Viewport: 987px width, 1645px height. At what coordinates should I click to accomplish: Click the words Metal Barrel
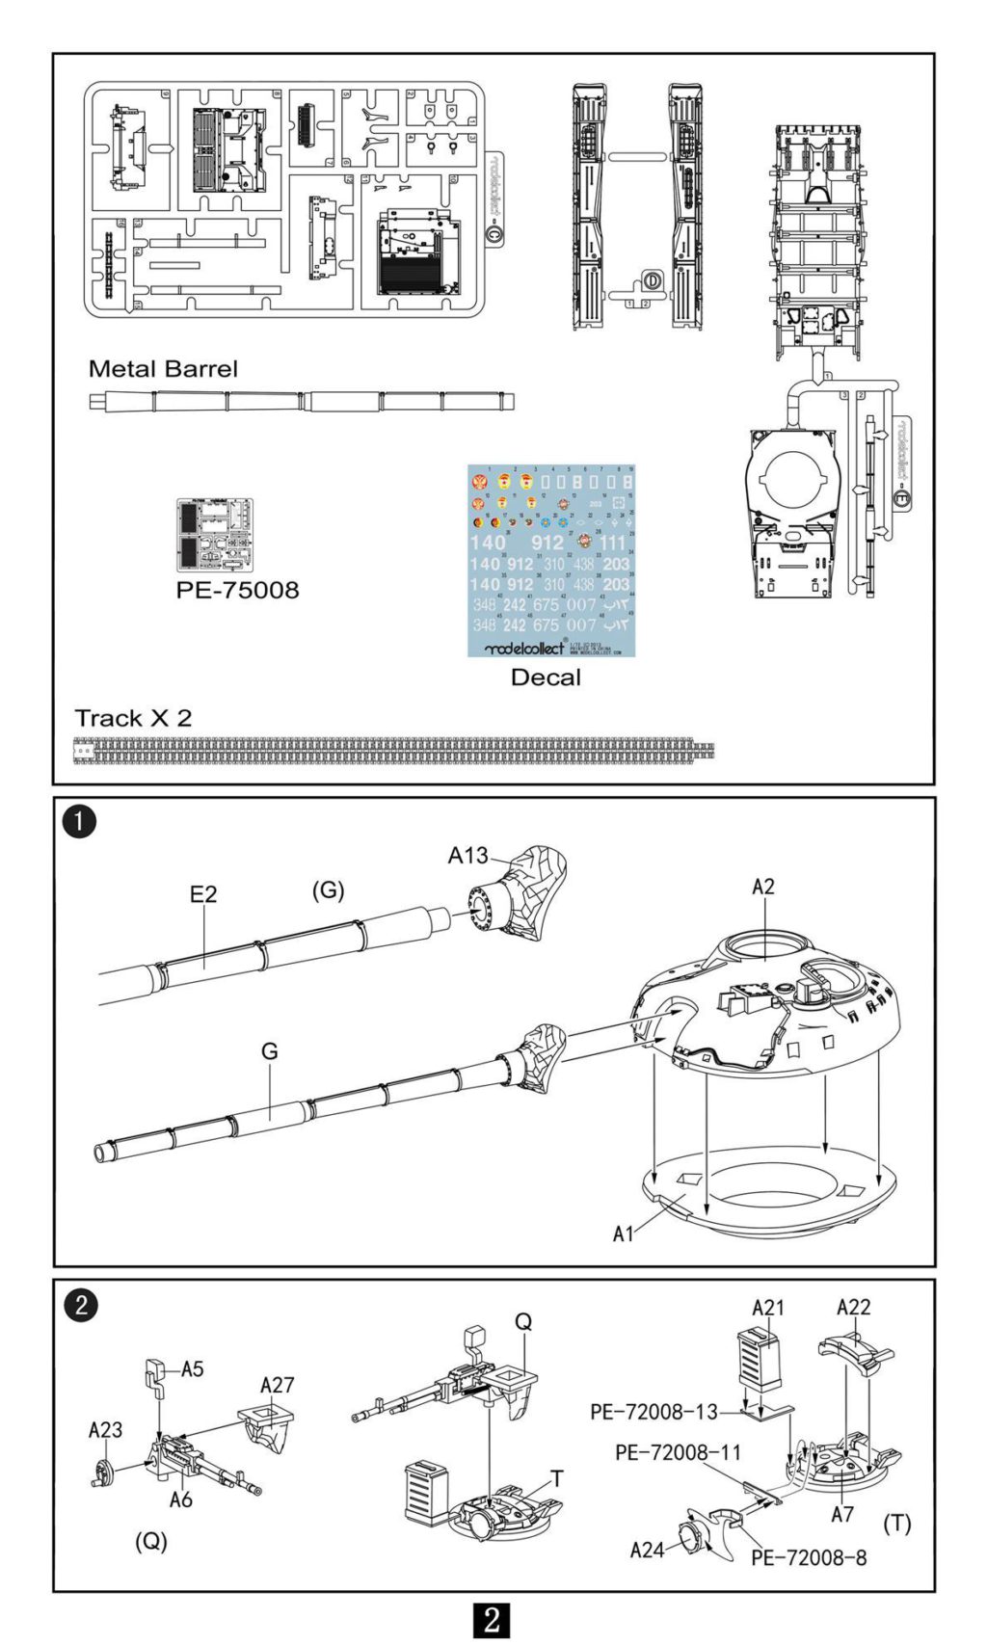[x=162, y=369]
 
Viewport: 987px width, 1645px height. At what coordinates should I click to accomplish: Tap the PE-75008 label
[x=237, y=590]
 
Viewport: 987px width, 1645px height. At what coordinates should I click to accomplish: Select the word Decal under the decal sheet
[x=546, y=677]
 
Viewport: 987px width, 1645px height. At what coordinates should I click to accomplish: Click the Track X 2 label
[x=133, y=719]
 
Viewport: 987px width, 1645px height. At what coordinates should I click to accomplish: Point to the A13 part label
[x=468, y=855]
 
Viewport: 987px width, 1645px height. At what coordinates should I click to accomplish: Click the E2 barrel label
[x=203, y=894]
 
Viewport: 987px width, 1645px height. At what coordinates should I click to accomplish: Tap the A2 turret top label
[x=763, y=887]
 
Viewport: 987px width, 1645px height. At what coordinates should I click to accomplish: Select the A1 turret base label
[x=624, y=1234]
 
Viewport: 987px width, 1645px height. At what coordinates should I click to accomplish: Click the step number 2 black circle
[x=80, y=1306]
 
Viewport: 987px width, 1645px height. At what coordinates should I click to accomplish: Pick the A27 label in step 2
[x=277, y=1385]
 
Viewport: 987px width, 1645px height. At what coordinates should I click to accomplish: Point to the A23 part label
[x=105, y=1430]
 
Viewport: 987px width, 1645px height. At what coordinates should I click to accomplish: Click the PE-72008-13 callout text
[x=654, y=1412]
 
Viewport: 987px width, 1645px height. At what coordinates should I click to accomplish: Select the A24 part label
[x=648, y=1550]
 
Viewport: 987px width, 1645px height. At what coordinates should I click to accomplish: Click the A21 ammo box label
[x=768, y=1308]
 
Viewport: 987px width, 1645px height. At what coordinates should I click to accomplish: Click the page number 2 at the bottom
[x=492, y=1619]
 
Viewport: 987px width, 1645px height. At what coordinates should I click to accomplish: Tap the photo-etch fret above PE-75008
[x=215, y=535]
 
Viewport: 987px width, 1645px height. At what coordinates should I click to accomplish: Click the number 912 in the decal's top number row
[x=547, y=543]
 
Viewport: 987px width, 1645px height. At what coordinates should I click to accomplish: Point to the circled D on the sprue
[x=653, y=280]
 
